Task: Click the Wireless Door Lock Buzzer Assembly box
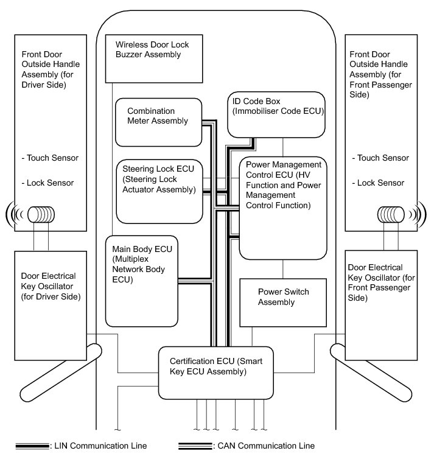(155, 59)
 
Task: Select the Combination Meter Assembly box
(158, 122)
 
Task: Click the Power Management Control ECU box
(283, 208)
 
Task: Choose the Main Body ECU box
(142, 281)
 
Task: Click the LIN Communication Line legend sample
(32, 446)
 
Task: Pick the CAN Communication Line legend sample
(194, 446)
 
